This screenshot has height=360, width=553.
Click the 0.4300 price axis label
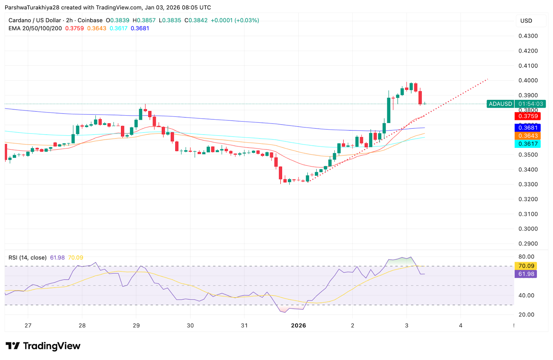click(528, 36)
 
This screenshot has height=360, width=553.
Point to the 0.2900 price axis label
click(528, 244)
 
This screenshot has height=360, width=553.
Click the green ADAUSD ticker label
click(500, 104)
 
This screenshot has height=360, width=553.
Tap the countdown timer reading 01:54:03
click(531, 104)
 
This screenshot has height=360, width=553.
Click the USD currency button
click(526, 21)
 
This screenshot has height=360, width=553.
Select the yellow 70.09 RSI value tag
click(526, 266)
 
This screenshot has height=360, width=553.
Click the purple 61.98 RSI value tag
click(526, 274)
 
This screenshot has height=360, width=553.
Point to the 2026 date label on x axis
click(298, 325)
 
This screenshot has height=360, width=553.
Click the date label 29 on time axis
click(136, 325)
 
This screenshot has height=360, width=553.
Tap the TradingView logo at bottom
click(43, 346)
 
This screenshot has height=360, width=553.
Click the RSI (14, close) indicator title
click(28, 258)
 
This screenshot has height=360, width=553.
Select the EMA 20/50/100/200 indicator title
click(35, 28)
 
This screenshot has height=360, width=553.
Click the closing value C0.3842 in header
click(196, 20)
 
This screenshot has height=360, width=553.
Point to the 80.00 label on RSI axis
click(526, 257)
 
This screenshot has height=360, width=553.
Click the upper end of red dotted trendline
click(487, 79)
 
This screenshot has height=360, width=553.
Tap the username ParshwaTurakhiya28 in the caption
click(32, 8)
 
